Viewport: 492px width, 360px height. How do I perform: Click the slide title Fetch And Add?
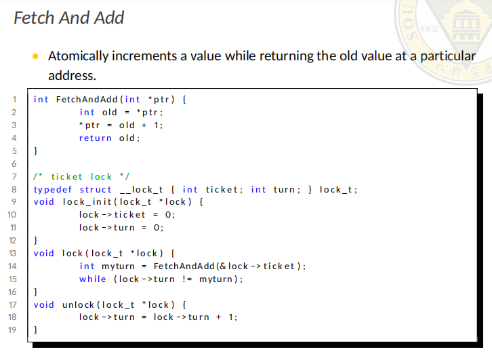pyautogui.click(x=68, y=17)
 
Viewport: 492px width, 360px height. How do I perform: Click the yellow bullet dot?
pyautogui.click(x=36, y=56)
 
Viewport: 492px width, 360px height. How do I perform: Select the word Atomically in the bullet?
pyautogui.click(x=79, y=56)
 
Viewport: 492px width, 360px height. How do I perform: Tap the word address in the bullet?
pyautogui.click(x=71, y=75)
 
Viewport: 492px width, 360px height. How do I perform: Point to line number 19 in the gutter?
pyautogui.click(x=12, y=330)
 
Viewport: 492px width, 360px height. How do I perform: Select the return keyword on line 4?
pyautogui.click(x=95, y=138)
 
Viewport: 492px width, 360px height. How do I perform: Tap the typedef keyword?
pyautogui.click(x=54, y=189)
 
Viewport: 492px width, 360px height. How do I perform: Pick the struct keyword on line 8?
pyautogui.click(x=96, y=189)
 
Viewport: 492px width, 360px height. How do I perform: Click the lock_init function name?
pyautogui.click(x=90, y=202)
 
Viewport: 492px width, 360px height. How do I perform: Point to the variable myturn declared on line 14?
pyautogui.click(x=118, y=266)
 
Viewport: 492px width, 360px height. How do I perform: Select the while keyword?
pyautogui.click(x=92, y=279)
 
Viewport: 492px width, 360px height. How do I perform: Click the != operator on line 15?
pyautogui.click(x=187, y=279)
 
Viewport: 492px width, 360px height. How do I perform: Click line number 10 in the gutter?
pyautogui.click(x=12, y=215)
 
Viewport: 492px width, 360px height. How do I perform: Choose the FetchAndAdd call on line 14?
pyautogui.click(x=185, y=266)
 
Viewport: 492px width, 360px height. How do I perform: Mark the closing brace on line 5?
pyautogui.click(x=36, y=151)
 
